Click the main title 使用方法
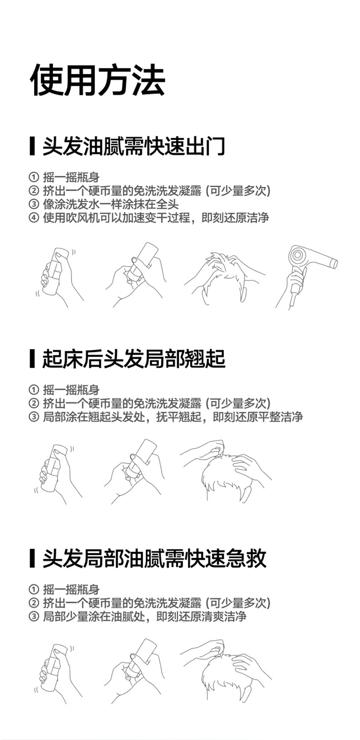point(98,80)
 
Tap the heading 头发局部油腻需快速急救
point(154,559)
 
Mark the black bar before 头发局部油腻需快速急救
point(32,559)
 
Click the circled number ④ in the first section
point(34,218)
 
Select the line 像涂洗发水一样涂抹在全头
point(111,204)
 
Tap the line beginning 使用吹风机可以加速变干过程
point(156,218)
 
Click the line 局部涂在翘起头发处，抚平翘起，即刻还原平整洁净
point(173,417)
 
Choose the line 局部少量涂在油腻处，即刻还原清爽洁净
point(144,616)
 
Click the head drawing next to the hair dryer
point(225,278)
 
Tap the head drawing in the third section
point(226,671)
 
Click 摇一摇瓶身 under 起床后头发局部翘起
point(72,390)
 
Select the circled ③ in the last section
point(34,616)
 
